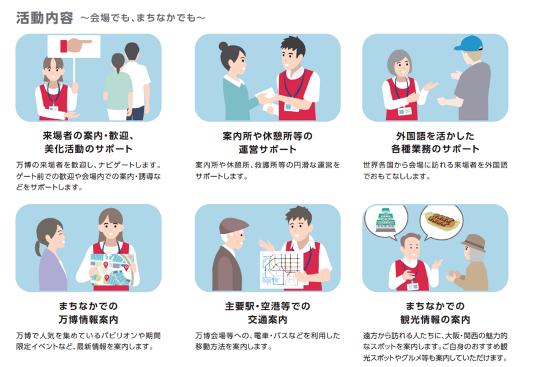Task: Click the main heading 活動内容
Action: pos(45,18)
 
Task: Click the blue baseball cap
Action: pos(468,43)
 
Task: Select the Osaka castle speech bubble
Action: pos(386,221)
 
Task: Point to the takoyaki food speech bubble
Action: pos(441,221)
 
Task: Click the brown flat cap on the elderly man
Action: pos(233,226)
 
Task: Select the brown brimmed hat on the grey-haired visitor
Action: pos(474,242)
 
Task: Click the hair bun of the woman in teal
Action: pos(223,46)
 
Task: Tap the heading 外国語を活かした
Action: pos(435,136)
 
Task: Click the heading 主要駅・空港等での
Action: pos(267,306)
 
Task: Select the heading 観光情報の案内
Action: pos(435,320)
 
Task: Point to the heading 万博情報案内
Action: pos(88,320)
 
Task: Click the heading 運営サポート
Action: pos(267,149)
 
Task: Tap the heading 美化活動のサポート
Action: pos(88,149)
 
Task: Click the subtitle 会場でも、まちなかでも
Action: pos(143,18)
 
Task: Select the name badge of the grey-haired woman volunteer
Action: pos(405,111)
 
